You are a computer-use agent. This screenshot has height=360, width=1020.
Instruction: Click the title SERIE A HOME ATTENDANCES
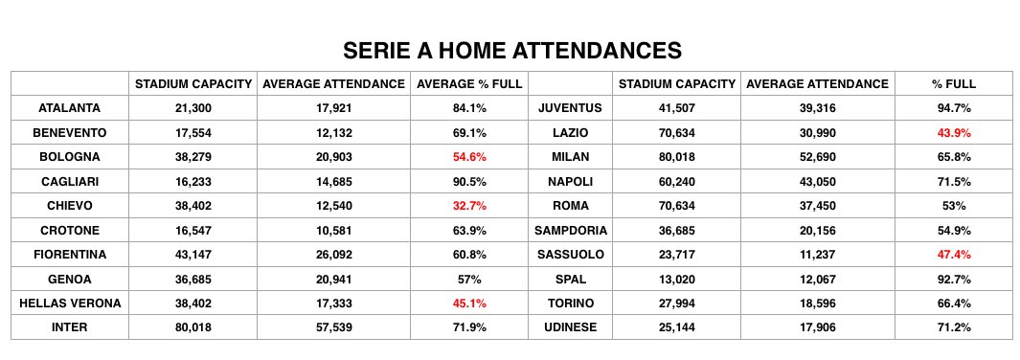[x=512, y=50]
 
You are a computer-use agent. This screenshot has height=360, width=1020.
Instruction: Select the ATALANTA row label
[x=69, y=108]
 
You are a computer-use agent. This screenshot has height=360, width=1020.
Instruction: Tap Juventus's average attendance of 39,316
[x=817, y=108]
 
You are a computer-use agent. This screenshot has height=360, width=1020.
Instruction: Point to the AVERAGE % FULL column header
[x=469, y=84]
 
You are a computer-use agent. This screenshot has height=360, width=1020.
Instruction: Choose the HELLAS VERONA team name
[x=69, y=304]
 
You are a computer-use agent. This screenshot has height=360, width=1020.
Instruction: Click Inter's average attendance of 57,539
[x=333, y=327]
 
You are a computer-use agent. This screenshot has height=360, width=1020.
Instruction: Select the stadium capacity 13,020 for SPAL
[x=677, y=279]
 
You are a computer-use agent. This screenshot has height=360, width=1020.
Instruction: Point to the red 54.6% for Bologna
[x=469, y=157]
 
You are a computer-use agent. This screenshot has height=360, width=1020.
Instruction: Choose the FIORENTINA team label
[x=69, y=255]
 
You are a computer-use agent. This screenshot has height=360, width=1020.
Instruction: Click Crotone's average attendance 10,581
[x=333, y=230]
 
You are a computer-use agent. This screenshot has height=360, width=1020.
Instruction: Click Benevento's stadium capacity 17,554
[x=193, y=132]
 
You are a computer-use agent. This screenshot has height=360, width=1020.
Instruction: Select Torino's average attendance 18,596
[x=817, y=304]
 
